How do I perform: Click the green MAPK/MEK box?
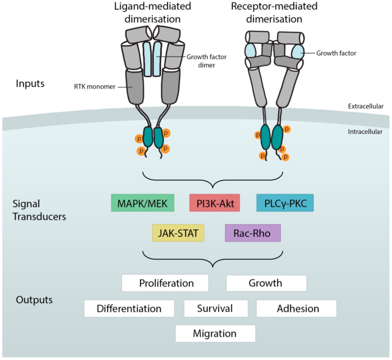point(143,203)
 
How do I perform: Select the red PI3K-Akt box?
point(214,203)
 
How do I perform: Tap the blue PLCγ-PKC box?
point(285,203)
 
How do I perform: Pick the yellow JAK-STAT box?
point(178,233)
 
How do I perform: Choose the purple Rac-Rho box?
point(252,233)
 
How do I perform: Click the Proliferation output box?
point(166,283)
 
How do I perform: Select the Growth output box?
point(266,283)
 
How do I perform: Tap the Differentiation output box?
point(129,308)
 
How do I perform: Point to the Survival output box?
point(215,308)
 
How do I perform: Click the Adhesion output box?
point(297,308)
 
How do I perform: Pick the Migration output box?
point(215,333)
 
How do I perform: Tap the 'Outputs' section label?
point(34,300)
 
